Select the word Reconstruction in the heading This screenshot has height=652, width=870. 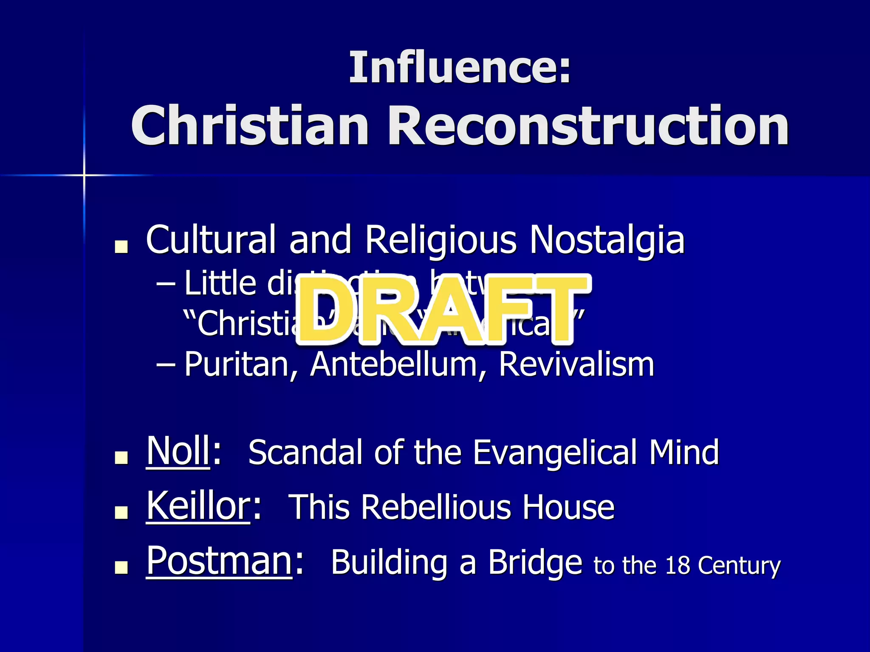588,126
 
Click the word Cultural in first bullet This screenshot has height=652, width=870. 211,239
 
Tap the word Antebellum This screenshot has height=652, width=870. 393,365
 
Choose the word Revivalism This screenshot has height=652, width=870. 576,365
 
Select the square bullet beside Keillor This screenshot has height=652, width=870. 121,513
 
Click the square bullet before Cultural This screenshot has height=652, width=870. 121,247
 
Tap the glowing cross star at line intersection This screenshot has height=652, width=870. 84,175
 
